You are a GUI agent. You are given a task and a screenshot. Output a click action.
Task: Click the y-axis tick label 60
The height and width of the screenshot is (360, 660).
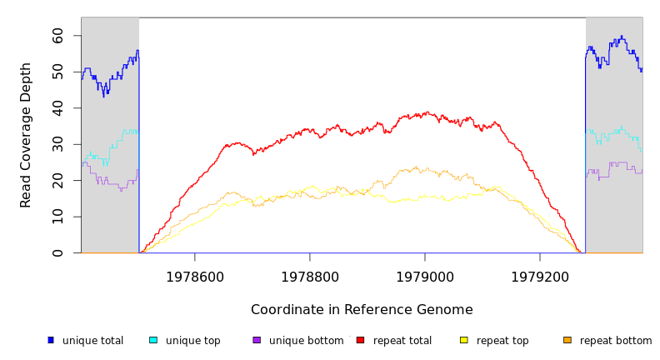(58, 36)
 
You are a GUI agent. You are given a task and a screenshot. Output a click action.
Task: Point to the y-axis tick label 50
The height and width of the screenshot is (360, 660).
(58, 72)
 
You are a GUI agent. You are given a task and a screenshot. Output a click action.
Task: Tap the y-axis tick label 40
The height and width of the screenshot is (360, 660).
(58, 108)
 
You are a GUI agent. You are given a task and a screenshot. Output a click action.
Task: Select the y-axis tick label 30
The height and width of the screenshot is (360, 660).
(58, 145)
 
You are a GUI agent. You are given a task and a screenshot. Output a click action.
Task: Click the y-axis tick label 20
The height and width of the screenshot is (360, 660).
(58, 181)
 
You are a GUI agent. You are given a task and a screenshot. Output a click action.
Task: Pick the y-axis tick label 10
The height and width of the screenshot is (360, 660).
(58, 217)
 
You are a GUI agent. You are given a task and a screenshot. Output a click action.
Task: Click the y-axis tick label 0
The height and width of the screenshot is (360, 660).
(58, 253)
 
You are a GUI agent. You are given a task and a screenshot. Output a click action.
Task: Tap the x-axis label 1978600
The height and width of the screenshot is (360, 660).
(195, 276)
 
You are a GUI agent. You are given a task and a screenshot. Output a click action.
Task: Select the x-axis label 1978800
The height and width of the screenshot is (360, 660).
(310, 276)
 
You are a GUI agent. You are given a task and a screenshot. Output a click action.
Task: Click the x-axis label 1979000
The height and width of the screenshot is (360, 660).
(425, 276)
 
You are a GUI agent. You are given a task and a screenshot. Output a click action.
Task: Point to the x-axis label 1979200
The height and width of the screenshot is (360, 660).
(540, 276)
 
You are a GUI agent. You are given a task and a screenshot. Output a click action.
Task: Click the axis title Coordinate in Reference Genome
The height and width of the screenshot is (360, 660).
(362, 310)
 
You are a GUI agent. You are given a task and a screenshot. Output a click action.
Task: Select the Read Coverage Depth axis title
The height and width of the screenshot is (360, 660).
(27, 135)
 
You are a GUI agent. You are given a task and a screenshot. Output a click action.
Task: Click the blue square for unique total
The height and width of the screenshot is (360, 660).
(51, 340)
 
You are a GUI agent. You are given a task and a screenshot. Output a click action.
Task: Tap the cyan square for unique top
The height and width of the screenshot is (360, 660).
(153, 340)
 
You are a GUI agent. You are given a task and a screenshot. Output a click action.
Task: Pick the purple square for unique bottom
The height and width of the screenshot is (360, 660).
(257, 340)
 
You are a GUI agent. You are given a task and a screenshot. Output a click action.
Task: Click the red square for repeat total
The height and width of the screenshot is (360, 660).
(360, 340)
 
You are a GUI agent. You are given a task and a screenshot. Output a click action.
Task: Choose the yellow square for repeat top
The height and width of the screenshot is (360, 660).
(464, 340)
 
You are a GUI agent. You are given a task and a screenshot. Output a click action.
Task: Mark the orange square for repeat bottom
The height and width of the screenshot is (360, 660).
(567, 340)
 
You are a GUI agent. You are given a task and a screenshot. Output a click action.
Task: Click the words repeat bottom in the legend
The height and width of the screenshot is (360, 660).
(616, 341)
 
